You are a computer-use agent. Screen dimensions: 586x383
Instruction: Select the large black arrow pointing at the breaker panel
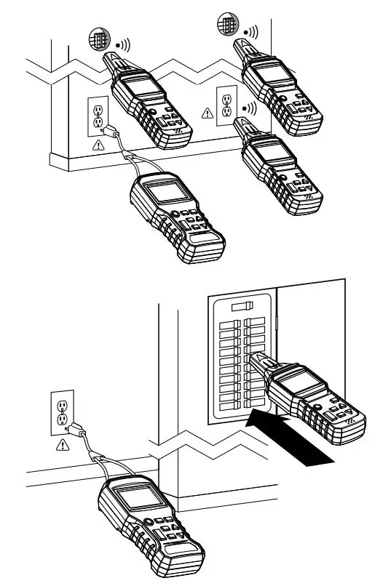[292, 437]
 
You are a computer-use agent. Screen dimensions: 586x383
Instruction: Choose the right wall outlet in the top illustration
[225, 105]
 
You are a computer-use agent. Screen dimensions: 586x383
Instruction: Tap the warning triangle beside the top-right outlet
[207, 113]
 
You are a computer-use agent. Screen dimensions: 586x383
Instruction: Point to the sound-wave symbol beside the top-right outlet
[252, 108]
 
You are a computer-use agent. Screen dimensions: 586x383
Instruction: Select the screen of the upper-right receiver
[270, 73]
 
